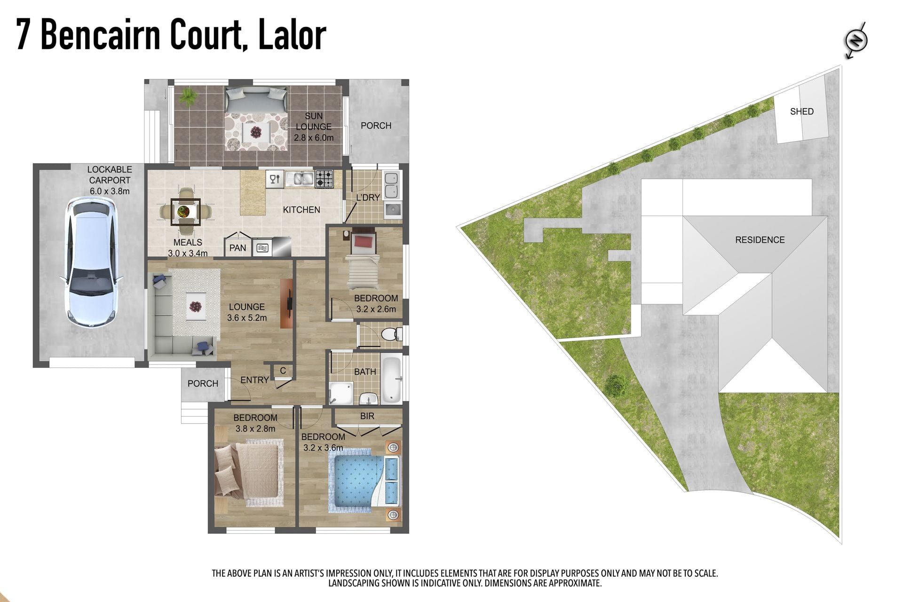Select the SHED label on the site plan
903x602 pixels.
pyautogui.click(x=801, y=111)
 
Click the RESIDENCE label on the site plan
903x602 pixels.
pyautogui.click(x=760, y=240)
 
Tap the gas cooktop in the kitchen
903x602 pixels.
pyautogui.click(x=324, y=179)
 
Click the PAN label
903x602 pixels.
pyautogui.click(x=238, y=248)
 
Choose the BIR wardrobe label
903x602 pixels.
pyautogui.click(x=367, y=416)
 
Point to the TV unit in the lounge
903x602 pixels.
pyautogui.click(x=287, y=303)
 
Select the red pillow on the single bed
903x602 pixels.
pyautogui.click(x=364, y=242)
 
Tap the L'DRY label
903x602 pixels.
pyautogui.click(x=368, y=198)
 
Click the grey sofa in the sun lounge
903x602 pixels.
pyautogui.click(x=256, y=99)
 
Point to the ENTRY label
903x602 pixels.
pyautogui.click(x=254, y=380)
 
